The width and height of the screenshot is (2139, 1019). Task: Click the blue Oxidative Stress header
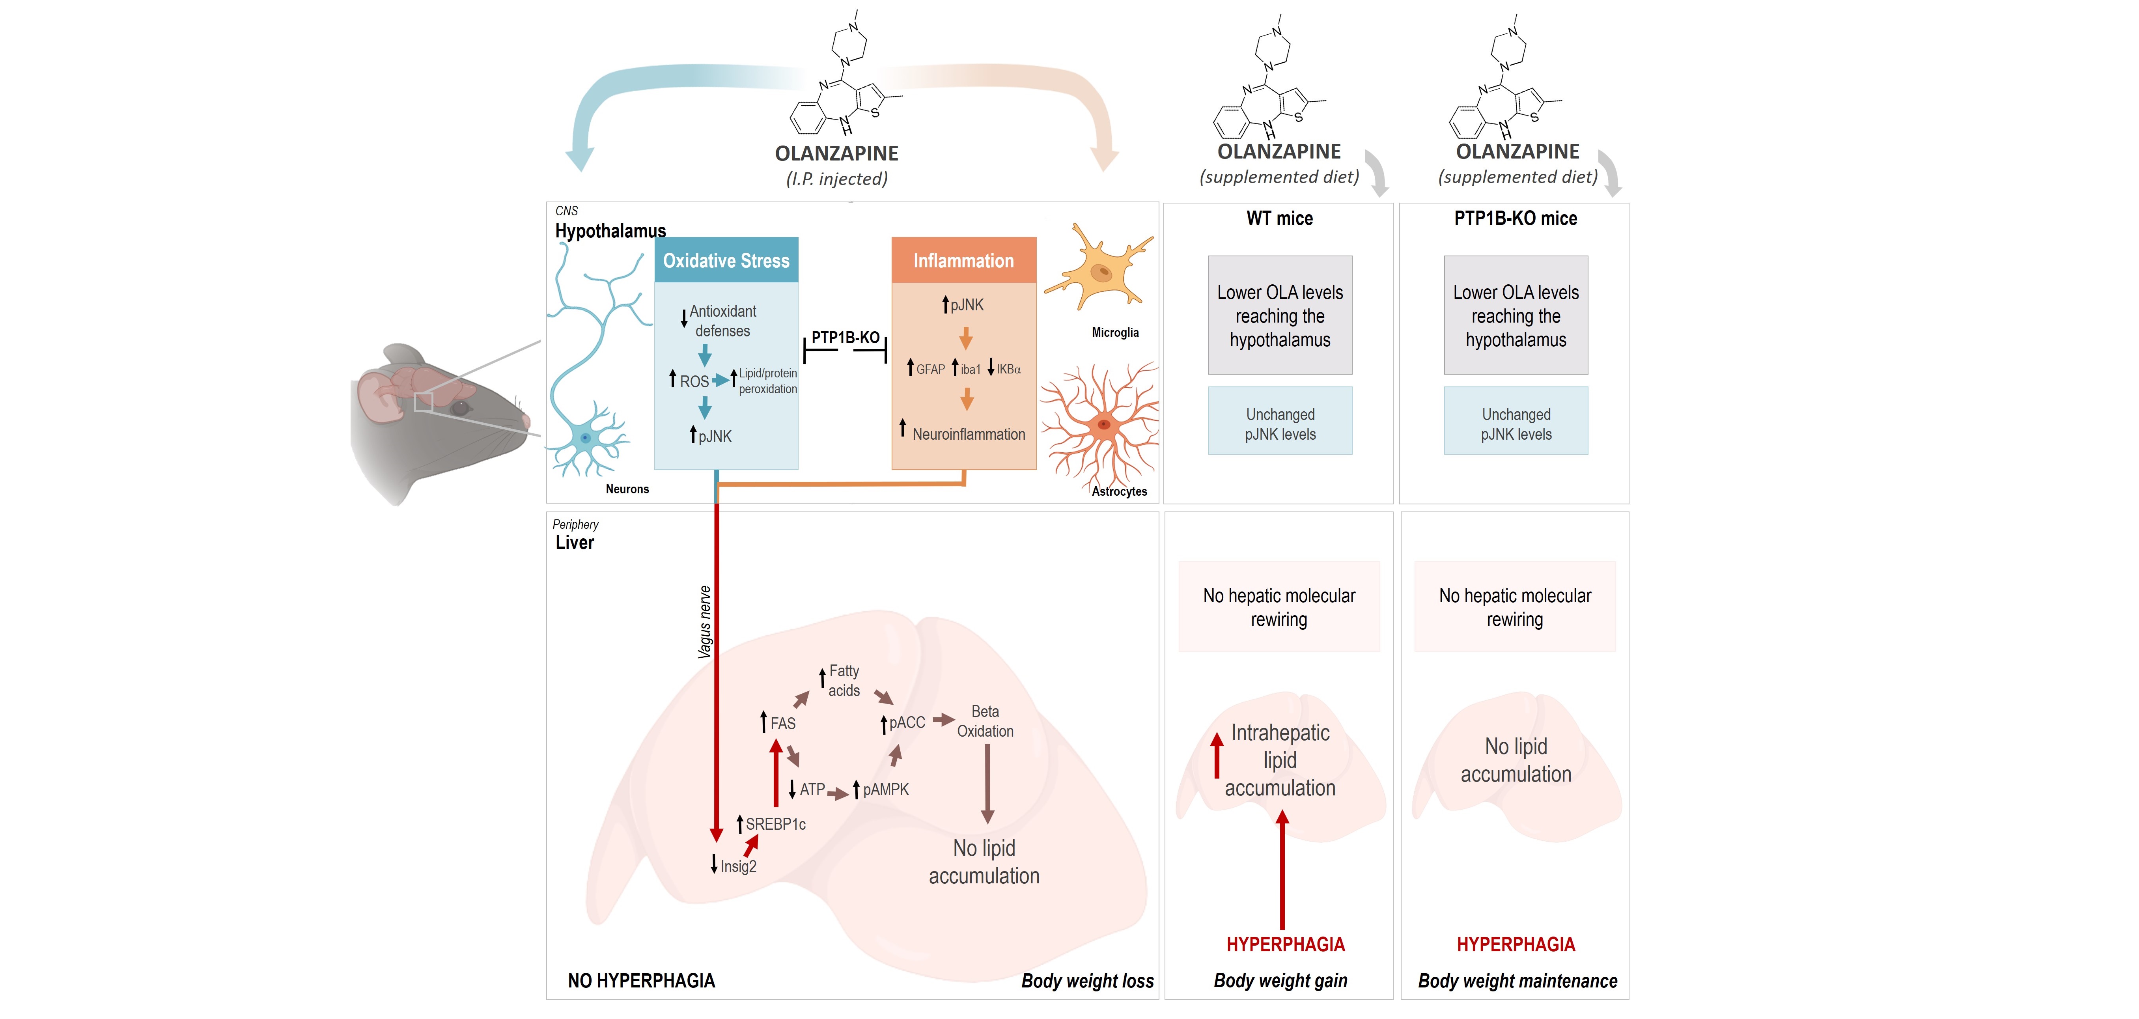726,261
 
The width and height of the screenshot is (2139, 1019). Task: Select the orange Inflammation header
963,261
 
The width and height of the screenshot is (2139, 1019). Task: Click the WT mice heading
1280,218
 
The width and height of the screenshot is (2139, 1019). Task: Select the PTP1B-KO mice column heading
1516,218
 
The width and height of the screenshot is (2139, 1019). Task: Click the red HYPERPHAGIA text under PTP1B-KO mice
1516,944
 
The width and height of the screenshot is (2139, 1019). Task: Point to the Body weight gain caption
1280,981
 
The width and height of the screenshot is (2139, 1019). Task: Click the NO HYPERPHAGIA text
641,981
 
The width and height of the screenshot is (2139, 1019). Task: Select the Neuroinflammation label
968,434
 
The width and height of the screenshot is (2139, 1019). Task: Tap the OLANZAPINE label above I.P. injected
836,154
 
